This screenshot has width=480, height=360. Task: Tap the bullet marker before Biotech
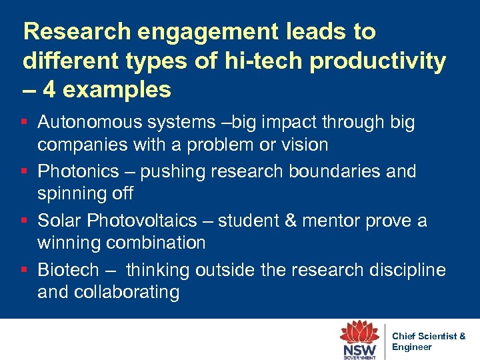[x=24, y=270]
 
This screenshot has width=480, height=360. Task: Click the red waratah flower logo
[x=359, y=333]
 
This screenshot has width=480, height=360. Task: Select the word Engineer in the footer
[x=411, y=347]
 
